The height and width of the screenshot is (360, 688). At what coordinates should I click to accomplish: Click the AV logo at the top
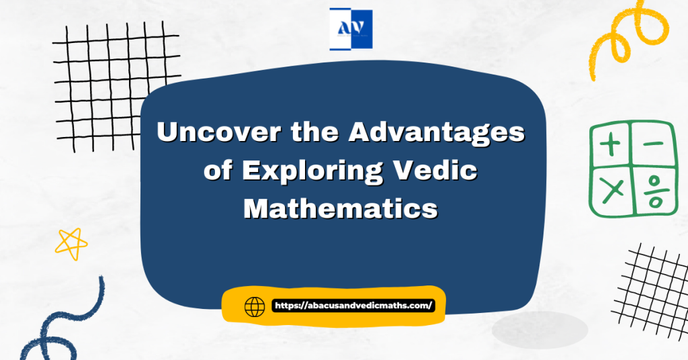click(351, 30)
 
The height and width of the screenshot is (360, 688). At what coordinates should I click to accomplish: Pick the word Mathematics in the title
click(341, 208)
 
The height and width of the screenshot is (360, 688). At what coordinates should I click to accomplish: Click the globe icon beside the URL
click(255, 307)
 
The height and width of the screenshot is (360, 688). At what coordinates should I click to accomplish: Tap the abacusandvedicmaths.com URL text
click(353, 306)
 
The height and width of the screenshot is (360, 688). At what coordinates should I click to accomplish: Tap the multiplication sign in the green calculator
click(611, 191)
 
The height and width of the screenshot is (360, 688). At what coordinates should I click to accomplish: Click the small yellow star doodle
click(71, 242)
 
